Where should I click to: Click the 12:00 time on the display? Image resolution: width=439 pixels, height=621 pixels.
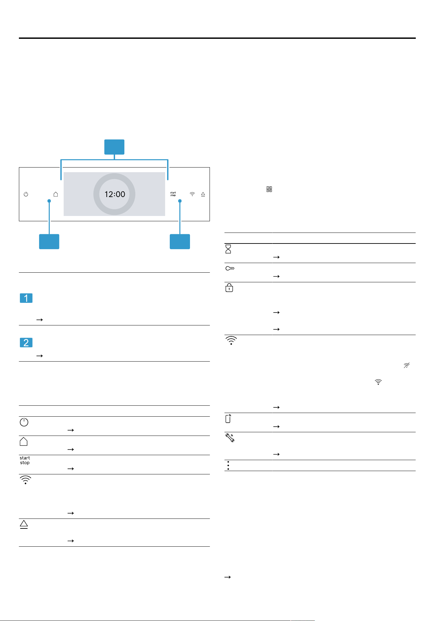click(115, 194)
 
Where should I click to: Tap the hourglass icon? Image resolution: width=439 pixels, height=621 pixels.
click(228, 249)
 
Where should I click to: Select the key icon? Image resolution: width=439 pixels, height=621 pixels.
click(230, 268)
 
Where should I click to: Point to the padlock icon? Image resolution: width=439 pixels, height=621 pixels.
click(229, 288)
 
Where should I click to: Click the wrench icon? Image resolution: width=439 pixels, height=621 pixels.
click(230, 438)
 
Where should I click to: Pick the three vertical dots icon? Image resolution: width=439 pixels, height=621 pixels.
click(228, 465)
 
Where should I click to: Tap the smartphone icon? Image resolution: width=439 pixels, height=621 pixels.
click(228, 419)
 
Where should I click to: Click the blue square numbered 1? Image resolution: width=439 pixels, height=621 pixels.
click(26, 298)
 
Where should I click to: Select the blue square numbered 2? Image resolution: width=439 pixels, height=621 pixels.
click(26, 343)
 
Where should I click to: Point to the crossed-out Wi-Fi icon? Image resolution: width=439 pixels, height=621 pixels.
click(407, 365)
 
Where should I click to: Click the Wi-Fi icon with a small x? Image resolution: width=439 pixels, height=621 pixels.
click(378, 382)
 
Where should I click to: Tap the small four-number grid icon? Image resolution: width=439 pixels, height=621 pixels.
click(269, 189)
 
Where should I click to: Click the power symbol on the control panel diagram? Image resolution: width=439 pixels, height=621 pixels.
click(26, 194)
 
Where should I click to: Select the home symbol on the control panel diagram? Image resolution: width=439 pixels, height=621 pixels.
click(56, 194)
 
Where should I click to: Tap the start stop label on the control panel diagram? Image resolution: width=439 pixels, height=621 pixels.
click(173, 194)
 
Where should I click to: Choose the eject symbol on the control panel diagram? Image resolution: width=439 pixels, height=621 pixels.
click(203, 194)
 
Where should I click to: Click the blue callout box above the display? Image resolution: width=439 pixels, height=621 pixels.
click(114, 147)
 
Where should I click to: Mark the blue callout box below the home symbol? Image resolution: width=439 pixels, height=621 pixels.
click(49, 241)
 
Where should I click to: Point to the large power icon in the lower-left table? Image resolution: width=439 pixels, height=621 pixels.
click(24, 422)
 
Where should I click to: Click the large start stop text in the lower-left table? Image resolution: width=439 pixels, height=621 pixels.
click(25, 460)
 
